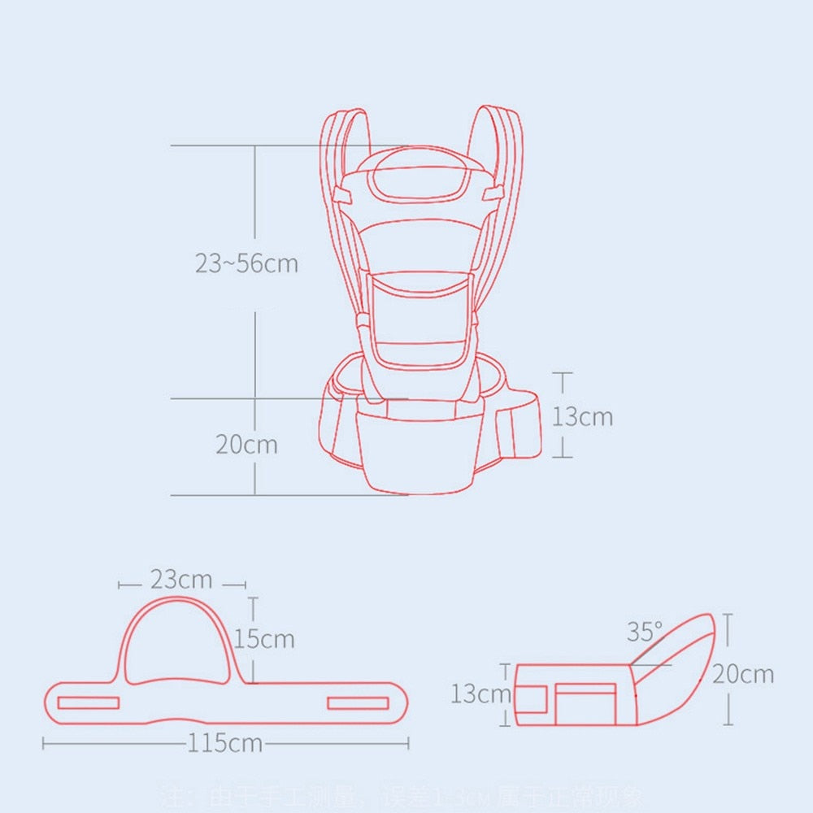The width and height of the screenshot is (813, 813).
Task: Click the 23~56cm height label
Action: [246, 263]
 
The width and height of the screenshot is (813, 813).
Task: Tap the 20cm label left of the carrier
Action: [246, 445]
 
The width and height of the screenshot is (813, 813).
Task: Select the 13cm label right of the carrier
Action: [583, 416]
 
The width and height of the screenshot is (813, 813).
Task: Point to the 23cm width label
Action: [181, 580]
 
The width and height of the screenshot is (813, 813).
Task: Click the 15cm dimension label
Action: [265, 638]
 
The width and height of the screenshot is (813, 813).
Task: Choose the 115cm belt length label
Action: [225, 743]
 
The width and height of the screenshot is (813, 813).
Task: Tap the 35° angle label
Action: [645, 631]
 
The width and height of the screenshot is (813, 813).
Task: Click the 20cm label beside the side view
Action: [743, 674]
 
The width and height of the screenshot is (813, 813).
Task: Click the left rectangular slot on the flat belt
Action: [89, 702]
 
